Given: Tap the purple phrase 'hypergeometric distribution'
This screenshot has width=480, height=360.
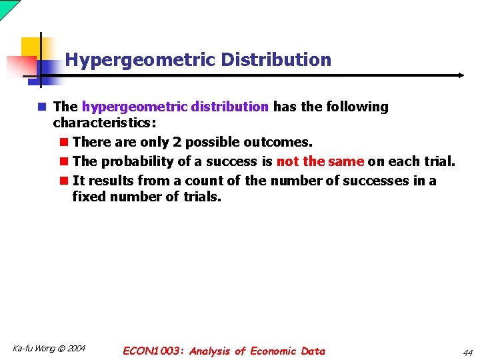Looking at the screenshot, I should click(175, 107).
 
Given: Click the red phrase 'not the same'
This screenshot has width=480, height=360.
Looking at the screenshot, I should click(320, 161).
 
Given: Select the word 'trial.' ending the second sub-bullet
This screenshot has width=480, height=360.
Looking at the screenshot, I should click(439, 161).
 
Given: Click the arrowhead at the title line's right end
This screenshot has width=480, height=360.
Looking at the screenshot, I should click(461, 75).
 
